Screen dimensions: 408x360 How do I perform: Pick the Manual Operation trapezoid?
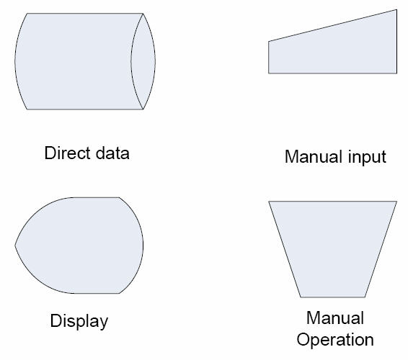[333, 249]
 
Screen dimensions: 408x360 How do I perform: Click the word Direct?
[68, 153]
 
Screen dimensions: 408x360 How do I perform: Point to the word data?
[112, 153]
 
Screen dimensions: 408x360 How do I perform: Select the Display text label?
[79, 321]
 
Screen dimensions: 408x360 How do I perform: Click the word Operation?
[335, 340]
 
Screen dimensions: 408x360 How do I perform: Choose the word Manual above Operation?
[335, 318]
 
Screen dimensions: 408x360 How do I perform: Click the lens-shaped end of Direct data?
[143, 61]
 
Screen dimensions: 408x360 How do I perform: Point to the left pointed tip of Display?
[15, 245]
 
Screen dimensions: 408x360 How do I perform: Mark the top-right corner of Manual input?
[396, 10]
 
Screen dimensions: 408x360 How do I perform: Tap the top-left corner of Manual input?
[269, 41]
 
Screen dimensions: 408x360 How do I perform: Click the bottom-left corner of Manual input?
[269, 73]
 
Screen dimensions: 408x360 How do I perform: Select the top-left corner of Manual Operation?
[269, 201]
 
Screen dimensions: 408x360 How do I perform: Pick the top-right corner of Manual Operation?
[396, 201]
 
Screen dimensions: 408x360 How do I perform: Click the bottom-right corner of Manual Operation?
[365, 297]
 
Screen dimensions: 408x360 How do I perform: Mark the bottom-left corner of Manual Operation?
[301, 297]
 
